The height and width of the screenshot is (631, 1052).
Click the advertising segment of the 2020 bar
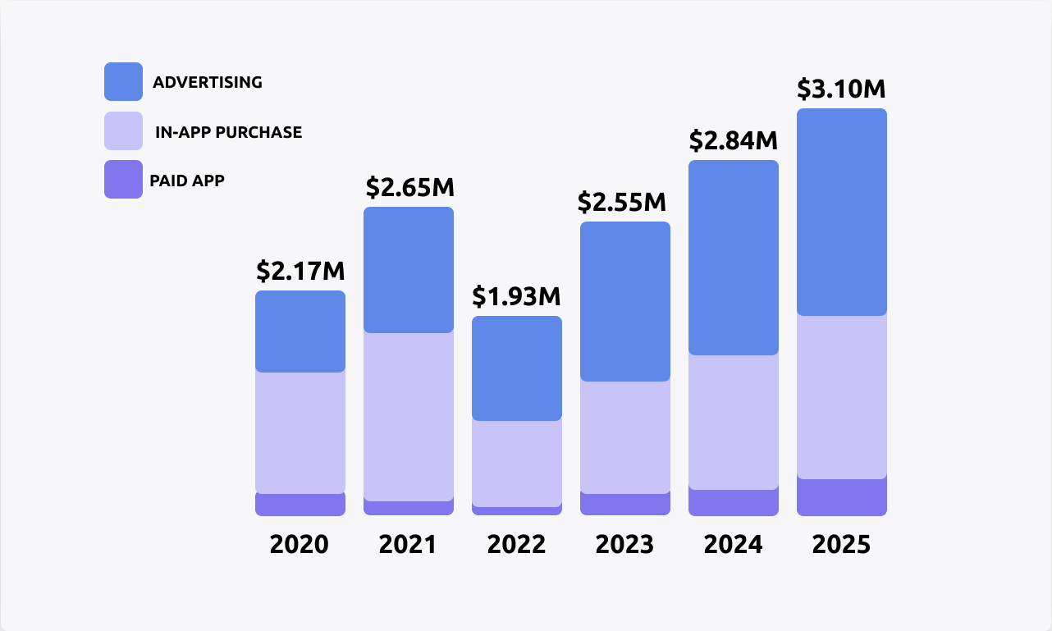tap(300, 332)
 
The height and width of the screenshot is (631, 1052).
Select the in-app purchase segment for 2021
tap(408, 416)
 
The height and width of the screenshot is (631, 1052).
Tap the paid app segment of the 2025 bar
tap(841, 497)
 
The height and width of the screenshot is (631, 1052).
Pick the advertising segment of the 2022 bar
tap(516, 368)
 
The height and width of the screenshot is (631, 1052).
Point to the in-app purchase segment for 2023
tap(624, 437)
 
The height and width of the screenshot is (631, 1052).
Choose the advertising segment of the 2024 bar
tap(733, 258)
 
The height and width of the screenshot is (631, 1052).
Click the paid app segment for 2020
tap(300, 505)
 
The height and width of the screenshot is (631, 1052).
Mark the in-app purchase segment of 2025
tap(841, 396)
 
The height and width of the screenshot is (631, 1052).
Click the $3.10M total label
tap(841, 89)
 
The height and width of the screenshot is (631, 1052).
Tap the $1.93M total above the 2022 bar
tap(516, 296)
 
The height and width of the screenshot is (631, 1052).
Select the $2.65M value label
tap(409, 187)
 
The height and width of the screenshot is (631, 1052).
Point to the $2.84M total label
tap(733, 140)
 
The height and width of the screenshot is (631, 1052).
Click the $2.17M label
tap(300, 271)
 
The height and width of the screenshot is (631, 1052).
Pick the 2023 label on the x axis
tap(624, 544)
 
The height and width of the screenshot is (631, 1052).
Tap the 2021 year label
tap(408, 544)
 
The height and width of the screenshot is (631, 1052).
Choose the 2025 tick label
tap(841, 544)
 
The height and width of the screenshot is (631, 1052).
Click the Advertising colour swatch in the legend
tap(123, 82)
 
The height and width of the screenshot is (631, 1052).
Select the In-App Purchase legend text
tap(228, 132)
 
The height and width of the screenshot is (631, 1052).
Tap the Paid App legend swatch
tap(123, 180)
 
